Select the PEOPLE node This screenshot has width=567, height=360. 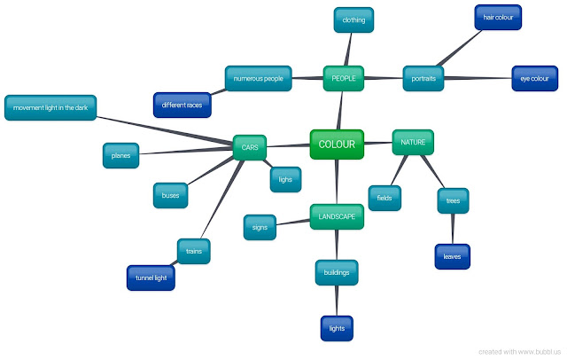coord(343,79)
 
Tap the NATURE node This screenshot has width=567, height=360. coord(413,142)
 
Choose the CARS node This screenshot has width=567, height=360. coord(250,148)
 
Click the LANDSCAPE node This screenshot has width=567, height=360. coord(336,216)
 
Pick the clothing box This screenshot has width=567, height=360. coord(353,20)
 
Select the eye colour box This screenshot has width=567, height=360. coord(534,79)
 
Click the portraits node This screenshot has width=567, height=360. coord(423,79)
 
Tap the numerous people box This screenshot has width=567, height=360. coord(259,79)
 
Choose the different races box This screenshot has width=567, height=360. coord(183,106)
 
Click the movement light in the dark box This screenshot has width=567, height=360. coord(50,107)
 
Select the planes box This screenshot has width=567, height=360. coord(120,155)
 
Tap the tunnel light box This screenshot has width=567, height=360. coord(151,278)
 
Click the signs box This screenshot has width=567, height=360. coord(260,228)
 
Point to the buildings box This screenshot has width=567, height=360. coord(337,273)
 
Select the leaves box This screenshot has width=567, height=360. coord(452,256)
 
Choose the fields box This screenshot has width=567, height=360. coord(384,198)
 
